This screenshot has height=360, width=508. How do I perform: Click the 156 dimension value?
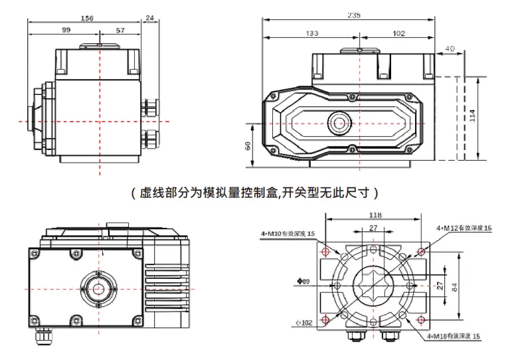tap(86, 19)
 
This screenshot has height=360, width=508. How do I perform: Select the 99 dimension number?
tap(66, 30)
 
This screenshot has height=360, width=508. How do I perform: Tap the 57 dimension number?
tap(120, 30)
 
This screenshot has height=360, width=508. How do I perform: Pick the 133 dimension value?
tap(311, 33)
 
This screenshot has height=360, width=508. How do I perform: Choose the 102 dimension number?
tap(398, 33)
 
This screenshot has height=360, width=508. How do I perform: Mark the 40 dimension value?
tap(450, 48)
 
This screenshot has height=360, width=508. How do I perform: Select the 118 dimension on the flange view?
tap(375, 215)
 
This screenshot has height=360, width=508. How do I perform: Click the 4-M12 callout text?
tap(464, 228)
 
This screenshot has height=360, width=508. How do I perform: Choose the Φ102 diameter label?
tap(304, 323)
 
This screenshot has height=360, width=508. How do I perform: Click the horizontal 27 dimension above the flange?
tap(373, 228)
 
